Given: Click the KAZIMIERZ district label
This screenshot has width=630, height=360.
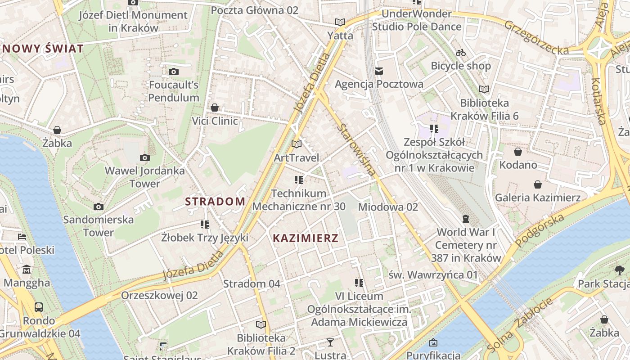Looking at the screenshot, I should coord(306,238).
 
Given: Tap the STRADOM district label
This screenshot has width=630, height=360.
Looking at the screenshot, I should coord(215,202).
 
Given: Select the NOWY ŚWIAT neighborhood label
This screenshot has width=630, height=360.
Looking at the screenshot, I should coord(43,49).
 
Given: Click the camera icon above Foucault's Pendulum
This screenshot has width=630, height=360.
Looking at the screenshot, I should coord(174,72).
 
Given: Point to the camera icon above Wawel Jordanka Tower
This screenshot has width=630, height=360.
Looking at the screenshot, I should coord(144,157).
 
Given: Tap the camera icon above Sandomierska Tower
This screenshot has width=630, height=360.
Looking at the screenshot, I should coord(98,207).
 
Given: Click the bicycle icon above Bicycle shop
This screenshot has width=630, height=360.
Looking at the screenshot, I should coord(460,53).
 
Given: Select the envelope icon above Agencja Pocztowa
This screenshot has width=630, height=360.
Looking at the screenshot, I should coord(379,71).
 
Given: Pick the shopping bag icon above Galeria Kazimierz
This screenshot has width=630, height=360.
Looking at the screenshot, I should coord(537,184).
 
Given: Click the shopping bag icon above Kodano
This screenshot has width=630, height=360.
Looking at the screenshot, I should coord(518,152).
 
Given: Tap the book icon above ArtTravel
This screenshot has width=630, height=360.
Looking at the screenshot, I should coord(296,144).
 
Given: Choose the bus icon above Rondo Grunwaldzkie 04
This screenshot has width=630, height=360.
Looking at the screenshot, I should coord(39,307).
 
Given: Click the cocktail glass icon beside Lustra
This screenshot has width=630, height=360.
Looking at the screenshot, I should coord(330,342).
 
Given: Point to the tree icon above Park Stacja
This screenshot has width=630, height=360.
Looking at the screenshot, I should coord(620,270).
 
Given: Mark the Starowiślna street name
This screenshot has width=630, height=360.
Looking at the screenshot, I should coord(356,149).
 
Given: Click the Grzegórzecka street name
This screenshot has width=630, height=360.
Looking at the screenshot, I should coord(536,37).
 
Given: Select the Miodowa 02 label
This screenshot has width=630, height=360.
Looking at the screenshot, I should coord(388,207).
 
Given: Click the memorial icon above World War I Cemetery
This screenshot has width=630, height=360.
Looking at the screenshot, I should coord(466,219).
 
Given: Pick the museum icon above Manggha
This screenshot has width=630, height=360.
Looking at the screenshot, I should coord(27,270).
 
